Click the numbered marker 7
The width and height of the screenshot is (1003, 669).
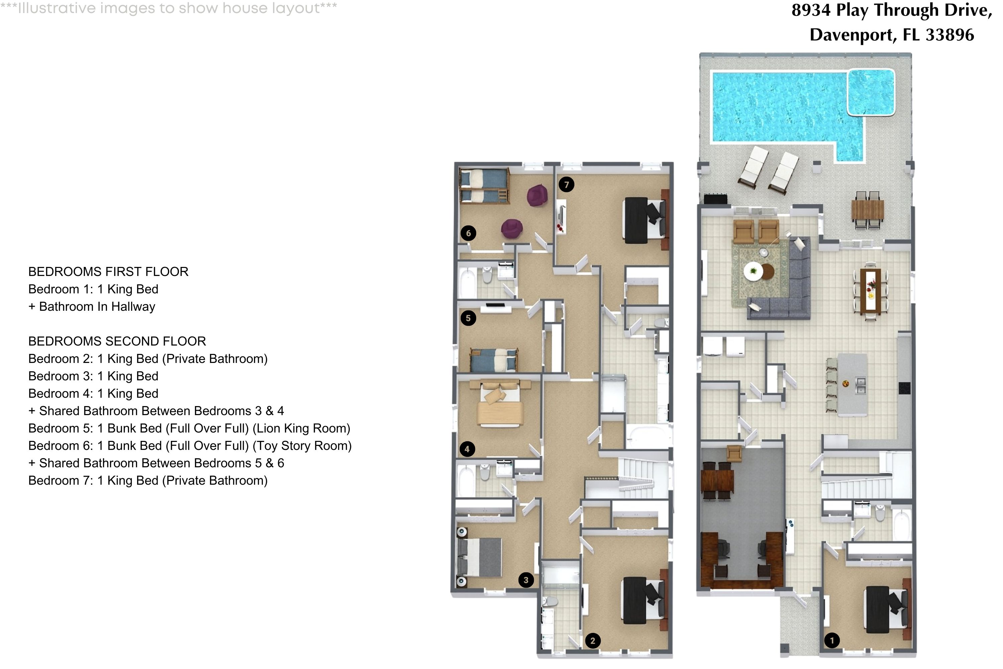tap(566, 185)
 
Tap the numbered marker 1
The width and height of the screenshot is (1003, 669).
tap(831, 640)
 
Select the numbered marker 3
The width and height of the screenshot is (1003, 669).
tap(526, 580)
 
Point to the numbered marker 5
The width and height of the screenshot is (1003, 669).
tap(468, 318)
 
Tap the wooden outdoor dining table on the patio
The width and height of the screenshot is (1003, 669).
tap(867, 209)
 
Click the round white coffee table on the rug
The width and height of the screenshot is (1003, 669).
tap(753, 271)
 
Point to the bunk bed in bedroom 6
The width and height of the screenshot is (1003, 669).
tap(484, 186)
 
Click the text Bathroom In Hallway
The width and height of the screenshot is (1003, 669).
tap(97, 307)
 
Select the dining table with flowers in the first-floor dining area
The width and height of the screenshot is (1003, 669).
tap(870, 290)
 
